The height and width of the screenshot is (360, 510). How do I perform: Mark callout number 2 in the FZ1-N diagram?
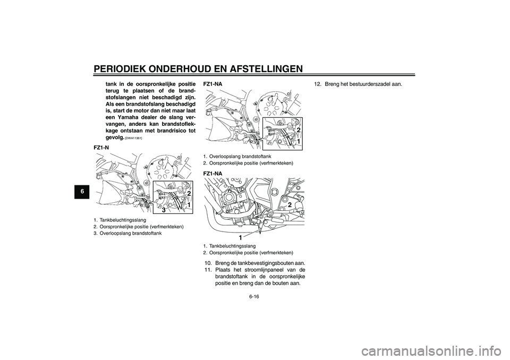pyautogui.click(x=188, y=193)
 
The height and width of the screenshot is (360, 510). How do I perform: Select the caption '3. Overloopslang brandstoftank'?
pyautogui.click(x=127, y=234)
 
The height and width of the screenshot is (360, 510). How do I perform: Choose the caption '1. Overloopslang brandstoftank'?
pyautogui.click(x=237, y=156)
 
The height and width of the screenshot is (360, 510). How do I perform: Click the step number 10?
pyautogui.click(x=207, y=264)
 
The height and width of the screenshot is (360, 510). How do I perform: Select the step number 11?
pyautogui.click(x=207, y=270)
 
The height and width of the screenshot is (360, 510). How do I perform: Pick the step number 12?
pyautogui.click(x=318, y=84)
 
